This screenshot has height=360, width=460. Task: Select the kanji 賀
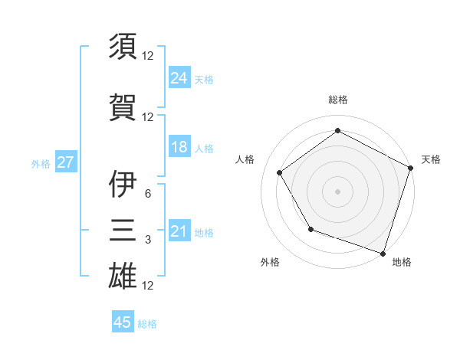coord(123,106)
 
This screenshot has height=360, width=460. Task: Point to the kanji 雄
coord(123,275)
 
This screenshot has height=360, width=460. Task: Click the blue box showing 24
coord(179,77)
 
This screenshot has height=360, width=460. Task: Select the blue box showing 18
coord(179,147)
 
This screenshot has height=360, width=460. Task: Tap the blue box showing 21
coord(179,231)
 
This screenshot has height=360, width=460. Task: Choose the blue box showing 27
coord(66,162)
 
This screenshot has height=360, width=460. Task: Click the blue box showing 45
coord(123,322)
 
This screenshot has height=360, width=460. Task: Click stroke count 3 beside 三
coord(147,240)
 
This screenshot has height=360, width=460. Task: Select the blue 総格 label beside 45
coord(147,324)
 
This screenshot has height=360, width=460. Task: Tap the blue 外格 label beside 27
coord(41,163)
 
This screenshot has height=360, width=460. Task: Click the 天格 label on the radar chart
coord(431,159)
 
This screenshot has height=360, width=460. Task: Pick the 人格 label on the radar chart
coord(245,159)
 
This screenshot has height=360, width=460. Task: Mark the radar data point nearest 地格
coord(383,252)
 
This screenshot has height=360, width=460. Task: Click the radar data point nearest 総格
coord(337,131)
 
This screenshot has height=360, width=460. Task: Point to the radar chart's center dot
coord(337,191)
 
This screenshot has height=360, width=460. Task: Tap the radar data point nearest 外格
coord(310,229)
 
